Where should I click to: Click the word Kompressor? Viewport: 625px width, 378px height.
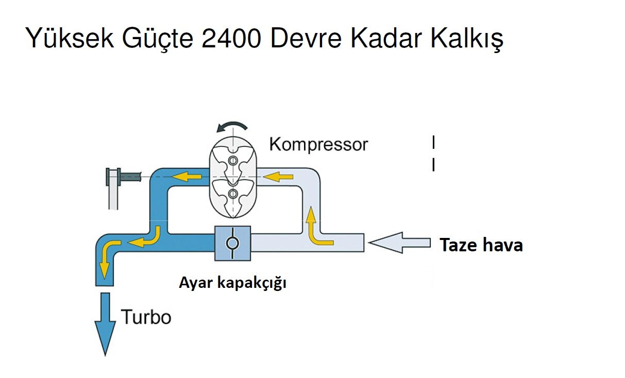(318, 144)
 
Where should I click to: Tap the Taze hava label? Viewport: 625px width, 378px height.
(481, 245)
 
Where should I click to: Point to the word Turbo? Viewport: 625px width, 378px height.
(146, 317)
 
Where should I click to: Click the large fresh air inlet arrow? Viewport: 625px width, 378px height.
(400, 243)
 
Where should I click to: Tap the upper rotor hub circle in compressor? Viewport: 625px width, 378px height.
(233, 161)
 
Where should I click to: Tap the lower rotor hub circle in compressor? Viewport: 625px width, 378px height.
(233, 194)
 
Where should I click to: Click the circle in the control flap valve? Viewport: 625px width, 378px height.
(232, 243)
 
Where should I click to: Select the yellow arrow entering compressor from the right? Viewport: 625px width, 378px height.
(278, 177)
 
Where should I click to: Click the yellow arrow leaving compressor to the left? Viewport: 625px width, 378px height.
(186, 177)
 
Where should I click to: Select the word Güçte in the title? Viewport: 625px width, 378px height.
(157, 39)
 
